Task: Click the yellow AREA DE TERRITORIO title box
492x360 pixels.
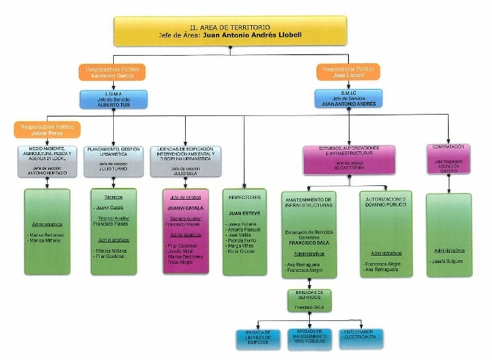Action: [x=230, y=32]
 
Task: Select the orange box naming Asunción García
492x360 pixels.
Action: [x=112, y=72]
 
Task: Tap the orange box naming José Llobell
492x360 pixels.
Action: [x=349, y=72]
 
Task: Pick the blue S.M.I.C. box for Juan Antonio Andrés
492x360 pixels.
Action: [x=349, y=98]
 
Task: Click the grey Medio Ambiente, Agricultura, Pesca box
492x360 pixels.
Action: [x=46, y=160]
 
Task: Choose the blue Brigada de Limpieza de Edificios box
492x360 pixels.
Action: [x=258, y=337]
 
